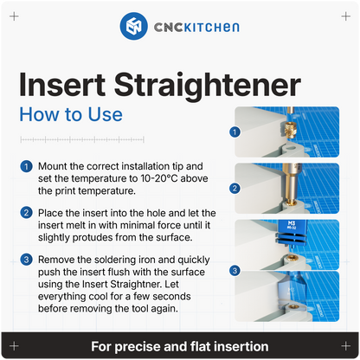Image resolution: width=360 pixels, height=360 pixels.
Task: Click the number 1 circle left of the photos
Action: click(x=234, y=132)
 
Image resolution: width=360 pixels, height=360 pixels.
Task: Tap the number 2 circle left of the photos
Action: click(x=234, y=187)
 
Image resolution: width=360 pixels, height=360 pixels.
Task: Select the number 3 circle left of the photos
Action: click(x=234, y=270)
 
